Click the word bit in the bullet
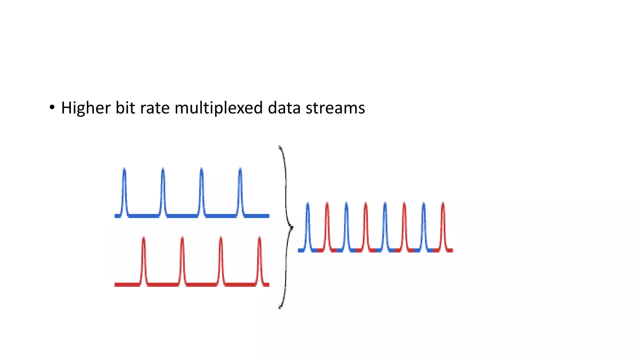coord(125,108)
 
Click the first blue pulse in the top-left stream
coord(124,191)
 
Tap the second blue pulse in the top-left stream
coord(163,191)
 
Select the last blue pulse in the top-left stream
coord(240,191)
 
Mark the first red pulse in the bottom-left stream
coord(143,259)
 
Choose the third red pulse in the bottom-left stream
coord(221,259)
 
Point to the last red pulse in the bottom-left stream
coord(259,259)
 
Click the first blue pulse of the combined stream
coord(308,225)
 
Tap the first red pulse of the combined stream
coord(327,225)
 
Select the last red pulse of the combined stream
coord(443,225)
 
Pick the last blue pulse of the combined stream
coord(423,225)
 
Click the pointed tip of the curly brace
coord(292,227)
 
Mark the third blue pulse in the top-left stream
coord(202,191)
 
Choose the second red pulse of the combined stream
coord(366,225)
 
